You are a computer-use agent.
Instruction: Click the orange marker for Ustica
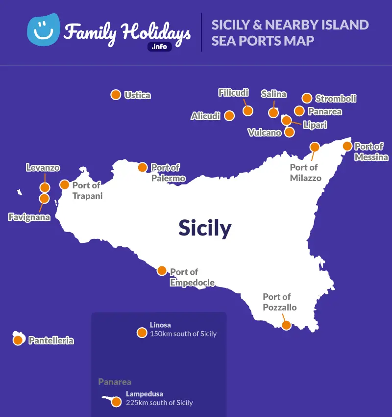coord(116,95)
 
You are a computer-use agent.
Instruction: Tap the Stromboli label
coord(336,99)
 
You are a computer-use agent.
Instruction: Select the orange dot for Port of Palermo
coord(143,167)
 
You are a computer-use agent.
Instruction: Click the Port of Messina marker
coord(347,146)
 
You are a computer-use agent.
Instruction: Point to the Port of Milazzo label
coord(305,173)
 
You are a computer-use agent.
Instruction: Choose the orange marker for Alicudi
coord(229,116)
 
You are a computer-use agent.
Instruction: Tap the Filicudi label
coord(233,93)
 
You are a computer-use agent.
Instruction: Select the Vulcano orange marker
coord(290,132)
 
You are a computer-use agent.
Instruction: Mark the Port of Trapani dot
coord(65,184)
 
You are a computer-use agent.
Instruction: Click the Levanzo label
coord(43,168)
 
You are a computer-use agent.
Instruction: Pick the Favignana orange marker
coord(44,198)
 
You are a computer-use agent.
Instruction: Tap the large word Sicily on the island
coord(204,228)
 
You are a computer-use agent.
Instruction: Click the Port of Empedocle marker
coord(162,270)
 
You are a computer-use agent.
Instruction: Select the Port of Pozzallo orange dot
coord(286,325)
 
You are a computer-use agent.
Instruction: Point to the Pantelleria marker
coord(18,339)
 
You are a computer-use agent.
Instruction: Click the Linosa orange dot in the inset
coord(142,333)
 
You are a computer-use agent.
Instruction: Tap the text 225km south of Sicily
coord(159,403)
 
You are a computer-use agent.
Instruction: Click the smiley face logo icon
coord(43,30)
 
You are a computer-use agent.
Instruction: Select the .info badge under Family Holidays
coord(160,47)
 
